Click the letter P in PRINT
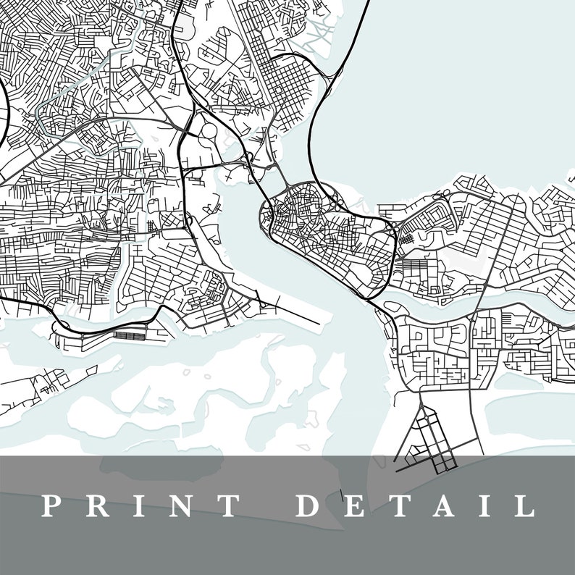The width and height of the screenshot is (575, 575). click(x=50, y=505)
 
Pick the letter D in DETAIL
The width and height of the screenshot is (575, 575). click(x=310, y=505)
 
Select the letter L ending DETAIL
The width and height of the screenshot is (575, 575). click(x=524, y=505)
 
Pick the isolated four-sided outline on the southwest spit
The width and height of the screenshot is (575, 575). click(x=91, y=370)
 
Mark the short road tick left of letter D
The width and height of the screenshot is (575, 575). click(x=340, y=498)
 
